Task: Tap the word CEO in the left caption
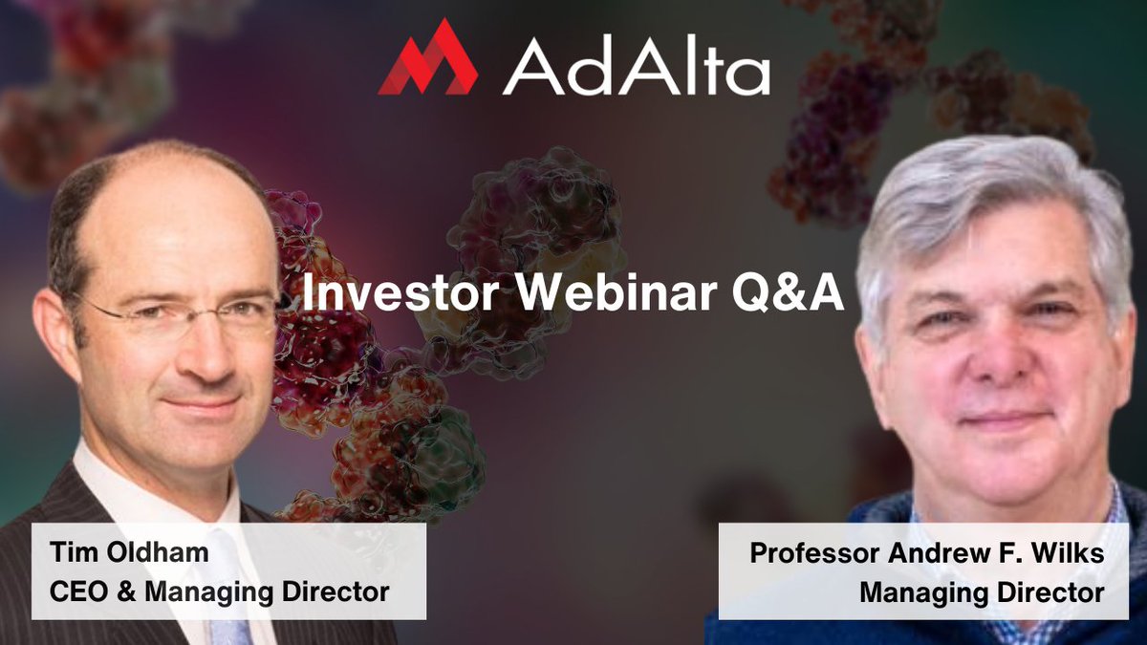pos(79,591)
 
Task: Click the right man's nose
pos(994,354)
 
